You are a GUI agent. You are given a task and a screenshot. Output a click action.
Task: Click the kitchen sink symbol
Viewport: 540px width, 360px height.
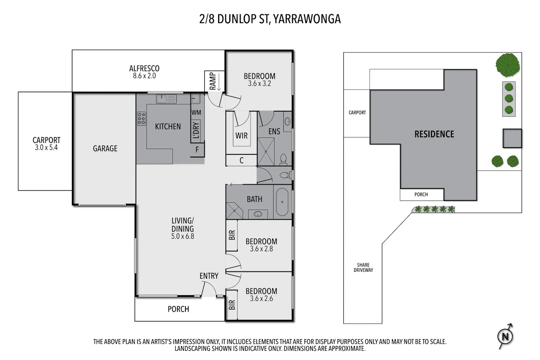tap(166, 99)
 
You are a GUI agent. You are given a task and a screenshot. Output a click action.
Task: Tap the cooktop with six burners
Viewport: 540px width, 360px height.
tap(141, 119)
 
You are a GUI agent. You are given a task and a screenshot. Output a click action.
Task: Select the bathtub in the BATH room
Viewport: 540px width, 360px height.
tap(282, 202)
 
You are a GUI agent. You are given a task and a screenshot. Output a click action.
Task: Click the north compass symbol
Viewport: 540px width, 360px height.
tap(505, 336)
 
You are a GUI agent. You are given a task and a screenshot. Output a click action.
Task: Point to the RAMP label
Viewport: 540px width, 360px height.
tap(213, 81)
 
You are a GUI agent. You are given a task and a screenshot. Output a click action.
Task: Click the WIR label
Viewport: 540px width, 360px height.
tap(241, 136)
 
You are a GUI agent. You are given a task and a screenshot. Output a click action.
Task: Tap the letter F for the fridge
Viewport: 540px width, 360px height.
tap(197, 150)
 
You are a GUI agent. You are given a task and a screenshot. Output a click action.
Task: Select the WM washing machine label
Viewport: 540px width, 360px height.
tap(196, 112)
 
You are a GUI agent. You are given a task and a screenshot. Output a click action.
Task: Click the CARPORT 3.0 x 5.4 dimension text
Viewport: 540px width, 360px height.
tap(46, 148)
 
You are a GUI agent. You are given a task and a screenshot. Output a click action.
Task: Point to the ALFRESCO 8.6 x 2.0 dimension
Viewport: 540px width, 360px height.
tap(144, 76)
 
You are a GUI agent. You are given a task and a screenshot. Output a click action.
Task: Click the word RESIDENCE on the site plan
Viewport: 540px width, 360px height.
tap(434, 134)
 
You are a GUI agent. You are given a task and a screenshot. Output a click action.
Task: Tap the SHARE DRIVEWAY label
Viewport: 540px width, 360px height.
tap(363, 267)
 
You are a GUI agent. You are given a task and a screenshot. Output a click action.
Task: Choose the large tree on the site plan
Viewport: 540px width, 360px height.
tap(508, 65)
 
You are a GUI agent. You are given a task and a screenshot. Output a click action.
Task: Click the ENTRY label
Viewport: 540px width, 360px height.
tap(209, 276)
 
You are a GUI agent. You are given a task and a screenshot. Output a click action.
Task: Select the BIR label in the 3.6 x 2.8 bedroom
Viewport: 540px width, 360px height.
tap(232, 235)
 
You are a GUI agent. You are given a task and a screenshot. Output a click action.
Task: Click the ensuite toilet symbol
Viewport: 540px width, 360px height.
tap(284, 159)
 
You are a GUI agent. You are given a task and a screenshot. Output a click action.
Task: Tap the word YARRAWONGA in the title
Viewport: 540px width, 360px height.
tap(307, 19)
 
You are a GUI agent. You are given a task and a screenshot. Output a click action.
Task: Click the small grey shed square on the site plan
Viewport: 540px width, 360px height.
tap(512, 138)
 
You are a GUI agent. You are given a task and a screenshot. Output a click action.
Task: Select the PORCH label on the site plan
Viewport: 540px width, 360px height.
tap(421, 194)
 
